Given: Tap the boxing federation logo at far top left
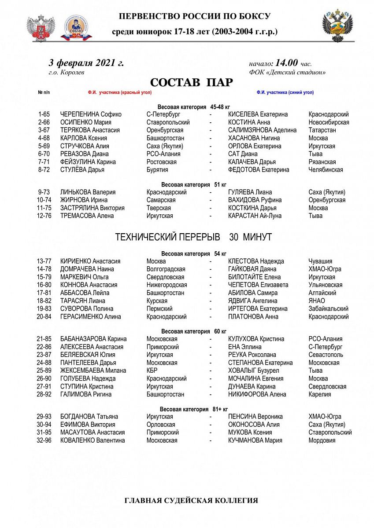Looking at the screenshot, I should click(41, 27).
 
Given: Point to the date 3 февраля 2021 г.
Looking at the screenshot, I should click(86, 62).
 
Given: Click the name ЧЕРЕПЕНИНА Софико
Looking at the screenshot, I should click(91, 114).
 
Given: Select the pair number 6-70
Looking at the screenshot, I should click(44, 154).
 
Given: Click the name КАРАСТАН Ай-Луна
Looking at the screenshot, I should click(255, 216).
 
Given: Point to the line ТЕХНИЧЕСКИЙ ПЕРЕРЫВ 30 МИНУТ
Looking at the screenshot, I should click(193, 237).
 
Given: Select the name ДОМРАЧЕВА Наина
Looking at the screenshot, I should click(87, 269).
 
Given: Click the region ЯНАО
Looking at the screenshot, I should click(317, 301).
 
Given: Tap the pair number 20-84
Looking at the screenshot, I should click(44, 317).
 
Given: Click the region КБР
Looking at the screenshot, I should click(152, 371).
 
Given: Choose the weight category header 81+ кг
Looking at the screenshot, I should click(194, 409).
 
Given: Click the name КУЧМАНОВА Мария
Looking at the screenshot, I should click(255, 440).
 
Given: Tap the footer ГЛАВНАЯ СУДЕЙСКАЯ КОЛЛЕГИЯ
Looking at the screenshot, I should click(192, 501).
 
